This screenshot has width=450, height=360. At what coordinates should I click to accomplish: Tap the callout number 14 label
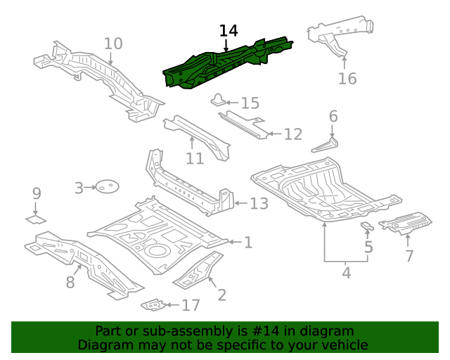229,31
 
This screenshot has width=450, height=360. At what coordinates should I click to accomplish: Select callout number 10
113,44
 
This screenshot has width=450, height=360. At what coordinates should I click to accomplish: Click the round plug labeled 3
106,187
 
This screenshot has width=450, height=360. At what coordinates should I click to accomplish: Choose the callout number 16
347,78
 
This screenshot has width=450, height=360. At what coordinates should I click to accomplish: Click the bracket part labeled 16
337,35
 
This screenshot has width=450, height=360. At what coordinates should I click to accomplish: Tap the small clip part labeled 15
219,100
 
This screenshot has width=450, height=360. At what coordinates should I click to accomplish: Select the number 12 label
292,134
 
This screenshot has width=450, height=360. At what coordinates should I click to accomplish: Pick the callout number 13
259,204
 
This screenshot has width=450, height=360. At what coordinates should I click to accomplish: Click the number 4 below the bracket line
346,272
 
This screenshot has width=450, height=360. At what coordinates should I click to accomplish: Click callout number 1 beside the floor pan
247,243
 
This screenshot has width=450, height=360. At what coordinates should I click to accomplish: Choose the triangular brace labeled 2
198,271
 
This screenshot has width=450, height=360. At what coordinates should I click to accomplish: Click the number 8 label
70,283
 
